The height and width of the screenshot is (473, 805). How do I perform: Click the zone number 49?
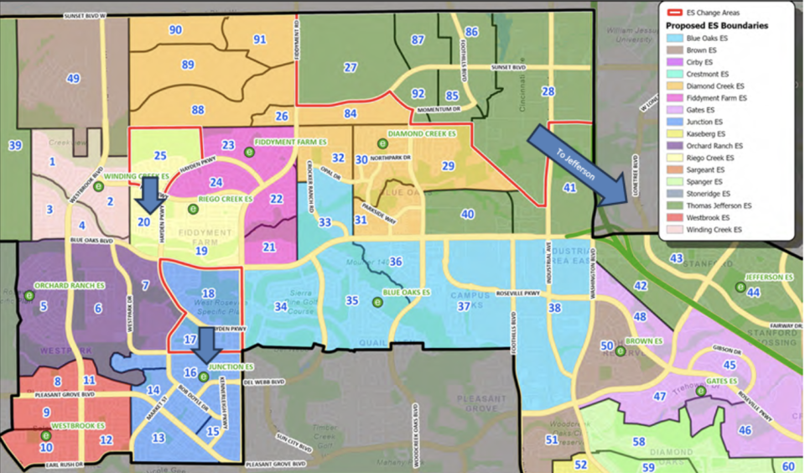(74, 79)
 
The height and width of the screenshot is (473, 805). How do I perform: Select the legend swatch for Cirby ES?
(674, 62)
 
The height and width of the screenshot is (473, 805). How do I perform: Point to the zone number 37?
(463, 306)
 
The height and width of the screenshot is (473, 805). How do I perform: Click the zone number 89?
(188, 65)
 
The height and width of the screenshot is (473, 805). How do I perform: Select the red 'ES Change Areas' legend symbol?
(674, 12)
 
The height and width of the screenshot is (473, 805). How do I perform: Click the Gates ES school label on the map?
(720, 382)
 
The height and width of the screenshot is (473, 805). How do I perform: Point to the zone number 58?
(639, 441)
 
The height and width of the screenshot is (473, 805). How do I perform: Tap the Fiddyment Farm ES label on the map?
(284, 142)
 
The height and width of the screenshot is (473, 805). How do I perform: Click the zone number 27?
(351, 67)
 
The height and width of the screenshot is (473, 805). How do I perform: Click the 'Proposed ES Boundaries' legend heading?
(717, 25)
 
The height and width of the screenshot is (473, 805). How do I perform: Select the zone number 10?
(46, 447)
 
